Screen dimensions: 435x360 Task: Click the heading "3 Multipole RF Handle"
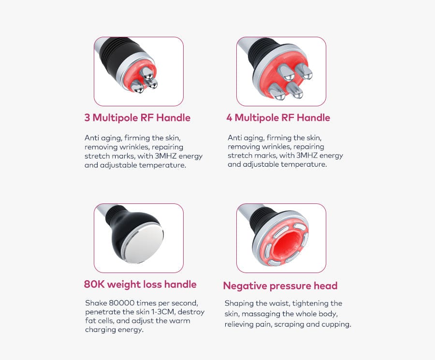point(137,118)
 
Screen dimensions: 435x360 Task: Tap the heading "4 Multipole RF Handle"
point(278,118)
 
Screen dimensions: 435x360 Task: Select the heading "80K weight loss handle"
point(140,285)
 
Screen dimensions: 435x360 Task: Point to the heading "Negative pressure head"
point(280,286)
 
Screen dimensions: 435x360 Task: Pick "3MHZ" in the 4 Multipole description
point(306,155)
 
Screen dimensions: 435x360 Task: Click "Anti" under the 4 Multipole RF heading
point(233,138)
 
